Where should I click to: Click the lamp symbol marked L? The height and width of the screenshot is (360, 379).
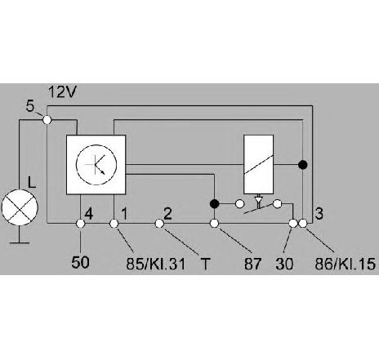[20, 207]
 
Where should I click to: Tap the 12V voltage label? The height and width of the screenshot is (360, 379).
[62, 92]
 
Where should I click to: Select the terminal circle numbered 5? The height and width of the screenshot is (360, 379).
[47, 119]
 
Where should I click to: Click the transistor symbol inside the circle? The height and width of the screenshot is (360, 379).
[96, 165]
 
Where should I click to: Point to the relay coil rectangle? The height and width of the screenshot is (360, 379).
[259, 164]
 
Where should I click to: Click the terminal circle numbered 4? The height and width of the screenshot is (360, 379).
[80, 224]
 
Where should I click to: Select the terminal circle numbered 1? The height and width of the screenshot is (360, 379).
[114, 224]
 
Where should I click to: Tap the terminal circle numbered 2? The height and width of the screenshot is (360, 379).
[159, 224]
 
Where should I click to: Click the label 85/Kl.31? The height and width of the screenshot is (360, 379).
[156, 264]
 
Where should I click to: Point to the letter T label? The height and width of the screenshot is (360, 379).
[206, 264]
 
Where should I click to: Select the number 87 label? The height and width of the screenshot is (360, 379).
[252, 264]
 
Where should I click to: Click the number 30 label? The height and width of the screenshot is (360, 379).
[284, 264]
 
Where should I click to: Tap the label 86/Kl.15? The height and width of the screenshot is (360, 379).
[346, 264]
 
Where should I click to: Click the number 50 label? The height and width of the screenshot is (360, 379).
[80, 262]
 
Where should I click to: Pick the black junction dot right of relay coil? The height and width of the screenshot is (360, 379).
[302, 165]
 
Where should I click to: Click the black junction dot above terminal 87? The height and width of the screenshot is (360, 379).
[215, 203]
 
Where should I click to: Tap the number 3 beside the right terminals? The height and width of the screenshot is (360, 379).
[319, 213]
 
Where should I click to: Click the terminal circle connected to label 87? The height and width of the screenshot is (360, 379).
[214, 224]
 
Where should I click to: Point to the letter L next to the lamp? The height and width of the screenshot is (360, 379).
[32, 182]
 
